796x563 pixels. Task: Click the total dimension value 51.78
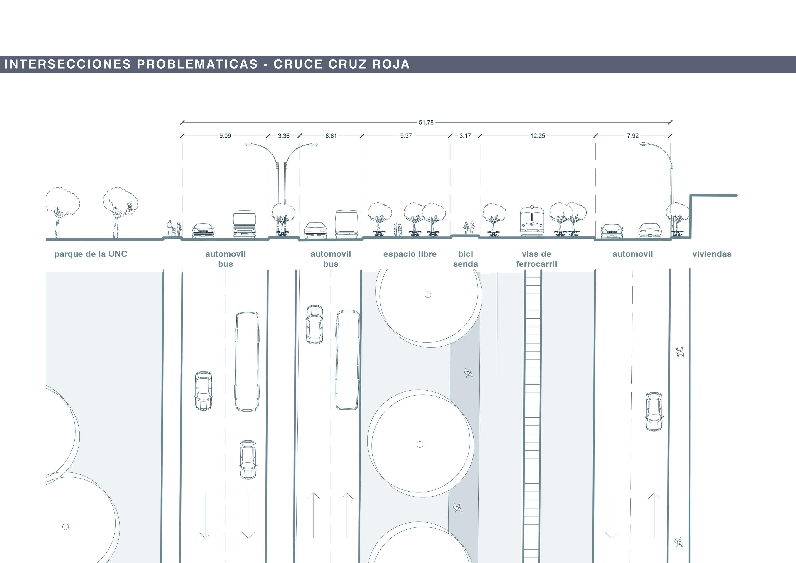point(426,122)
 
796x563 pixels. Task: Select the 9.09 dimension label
point(225,136)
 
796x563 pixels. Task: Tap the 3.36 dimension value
point(284,136)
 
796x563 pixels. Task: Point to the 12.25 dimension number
point(537,136)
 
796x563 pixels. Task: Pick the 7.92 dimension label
point(632,136)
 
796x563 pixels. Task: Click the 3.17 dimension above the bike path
point(465,136)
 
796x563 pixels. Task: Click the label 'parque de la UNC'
point(91,254)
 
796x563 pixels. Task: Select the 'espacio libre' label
point(410,254)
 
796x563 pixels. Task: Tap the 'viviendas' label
point(712,254)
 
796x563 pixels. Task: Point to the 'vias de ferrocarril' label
point(536,259)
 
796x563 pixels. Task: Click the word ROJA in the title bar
point(391,64)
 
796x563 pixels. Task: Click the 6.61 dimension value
point(331,136)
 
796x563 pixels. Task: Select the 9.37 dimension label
point(406,136)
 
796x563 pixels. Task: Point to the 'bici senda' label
point(465,259)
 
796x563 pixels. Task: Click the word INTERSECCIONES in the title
point(68,64)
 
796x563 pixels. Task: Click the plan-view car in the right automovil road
point(654,411)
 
